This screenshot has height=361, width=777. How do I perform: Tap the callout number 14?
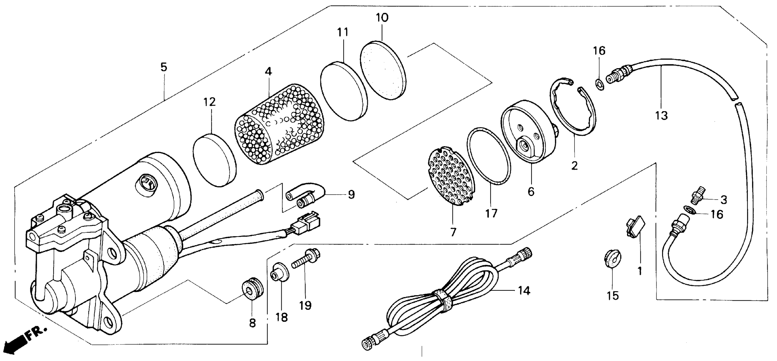(524, 291)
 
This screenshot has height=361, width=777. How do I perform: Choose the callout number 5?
(163, 67)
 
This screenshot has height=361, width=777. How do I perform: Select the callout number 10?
(382, 18)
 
